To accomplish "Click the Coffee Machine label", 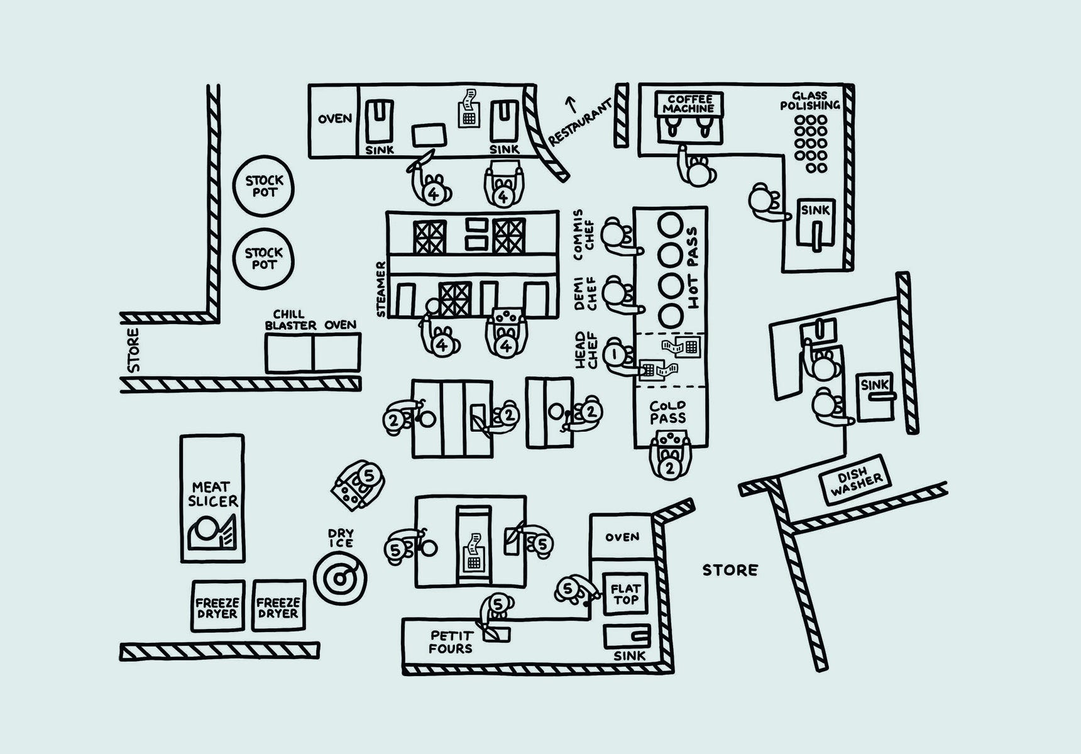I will point(689,104).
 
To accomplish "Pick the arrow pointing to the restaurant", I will point(571,102).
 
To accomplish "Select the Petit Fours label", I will point(451,642).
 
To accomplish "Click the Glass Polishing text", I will point(809,101).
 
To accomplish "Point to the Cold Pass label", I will point(668,412).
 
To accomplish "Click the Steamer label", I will point(381,289).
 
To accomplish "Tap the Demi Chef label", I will point(583,293).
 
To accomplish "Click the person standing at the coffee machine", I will point(696,170).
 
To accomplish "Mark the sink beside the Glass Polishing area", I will point(815,224).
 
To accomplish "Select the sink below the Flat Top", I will point(627,637).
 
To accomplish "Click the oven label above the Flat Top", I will point(622,537).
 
